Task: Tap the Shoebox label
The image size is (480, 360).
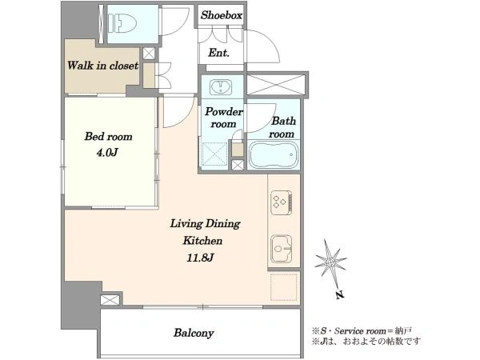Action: click(x=222, y=15)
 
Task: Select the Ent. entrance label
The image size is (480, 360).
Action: click(x=218, y=53)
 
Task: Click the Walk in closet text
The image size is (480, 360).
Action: click(x=102, y=66)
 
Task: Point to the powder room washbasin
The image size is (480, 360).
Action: click(x=221, y=86)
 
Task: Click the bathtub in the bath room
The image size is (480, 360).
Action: click(x=274, y=155)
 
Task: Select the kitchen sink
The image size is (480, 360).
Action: click(x=281, y=249)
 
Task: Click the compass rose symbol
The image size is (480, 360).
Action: click(x=330, y=262)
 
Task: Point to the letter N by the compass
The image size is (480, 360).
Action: click(x=339, y=295)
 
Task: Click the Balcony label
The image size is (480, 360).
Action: click(x=194, y=333)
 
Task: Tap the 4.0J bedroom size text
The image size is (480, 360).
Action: click(x=107, y=152)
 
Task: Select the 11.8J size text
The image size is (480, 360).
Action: click(x=200, y=258)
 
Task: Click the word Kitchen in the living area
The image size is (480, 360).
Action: click(x=202, y=241)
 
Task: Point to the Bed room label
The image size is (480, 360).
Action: click(x=108, y=136)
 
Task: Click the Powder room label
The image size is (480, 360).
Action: click(x=224, y=118)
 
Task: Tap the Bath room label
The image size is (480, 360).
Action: click(x=282, y=127)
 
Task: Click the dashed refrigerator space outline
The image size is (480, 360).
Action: click(x=284, y=287)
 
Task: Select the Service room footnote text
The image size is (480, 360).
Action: click(x=362, y=330)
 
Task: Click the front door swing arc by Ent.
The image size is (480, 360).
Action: click(x=270, y=41)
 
